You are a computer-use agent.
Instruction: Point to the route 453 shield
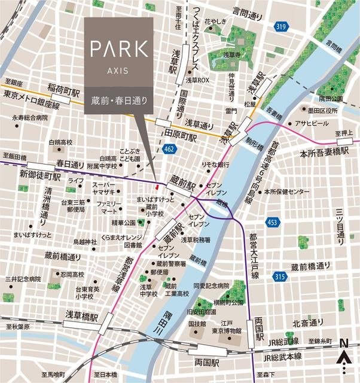point(274,221)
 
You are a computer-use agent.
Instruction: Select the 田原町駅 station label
point(181,136)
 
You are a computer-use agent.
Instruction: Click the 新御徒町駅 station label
point(41,177)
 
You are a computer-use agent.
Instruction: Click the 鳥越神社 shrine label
point(84,242)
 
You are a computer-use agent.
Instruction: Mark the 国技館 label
point(197,324)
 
